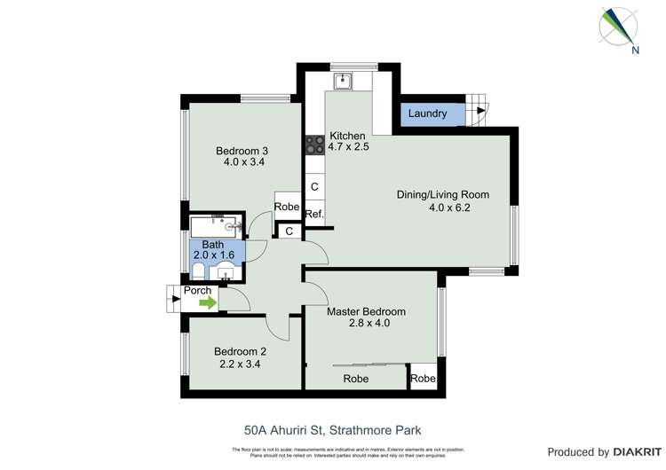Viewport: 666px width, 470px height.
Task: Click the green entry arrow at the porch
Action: point(207,303)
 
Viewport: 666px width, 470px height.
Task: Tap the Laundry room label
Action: point(427,114)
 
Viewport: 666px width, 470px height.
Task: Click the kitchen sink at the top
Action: point(342,81)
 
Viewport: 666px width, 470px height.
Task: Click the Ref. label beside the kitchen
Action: point(314,215)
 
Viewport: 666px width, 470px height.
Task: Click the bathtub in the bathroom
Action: point(212,226)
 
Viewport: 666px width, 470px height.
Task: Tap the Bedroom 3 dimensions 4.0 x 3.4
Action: point(242,163)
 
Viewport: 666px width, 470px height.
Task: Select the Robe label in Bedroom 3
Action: point(286,207)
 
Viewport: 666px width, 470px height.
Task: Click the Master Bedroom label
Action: point(366,311)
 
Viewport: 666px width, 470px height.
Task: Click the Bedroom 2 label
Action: point(240,351)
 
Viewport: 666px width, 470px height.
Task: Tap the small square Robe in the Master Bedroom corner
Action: point(423,378)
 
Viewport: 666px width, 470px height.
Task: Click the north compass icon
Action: point(620,27)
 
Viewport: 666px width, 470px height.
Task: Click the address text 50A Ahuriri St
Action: point(282,429)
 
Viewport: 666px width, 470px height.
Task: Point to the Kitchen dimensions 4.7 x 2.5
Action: point(348,147)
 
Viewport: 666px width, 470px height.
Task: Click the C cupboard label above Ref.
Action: point(314,188)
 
